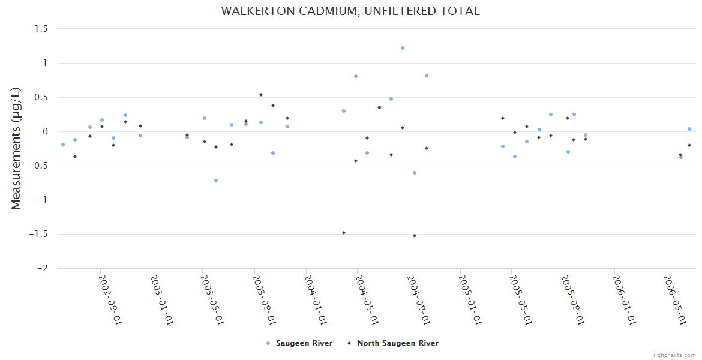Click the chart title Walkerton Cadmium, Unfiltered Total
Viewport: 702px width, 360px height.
point(350,11)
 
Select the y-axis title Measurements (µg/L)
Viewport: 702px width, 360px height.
point(16,148)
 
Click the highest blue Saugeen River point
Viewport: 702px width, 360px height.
point(403,48)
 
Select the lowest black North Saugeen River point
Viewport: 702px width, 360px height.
point(415,236)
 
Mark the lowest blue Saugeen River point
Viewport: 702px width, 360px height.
point(216,181)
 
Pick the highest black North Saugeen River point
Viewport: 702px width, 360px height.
point(261,95)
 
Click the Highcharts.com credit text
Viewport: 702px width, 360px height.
point(673,355)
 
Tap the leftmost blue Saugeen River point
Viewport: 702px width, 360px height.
point(63,145)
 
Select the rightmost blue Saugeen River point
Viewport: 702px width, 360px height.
point(689,129)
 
